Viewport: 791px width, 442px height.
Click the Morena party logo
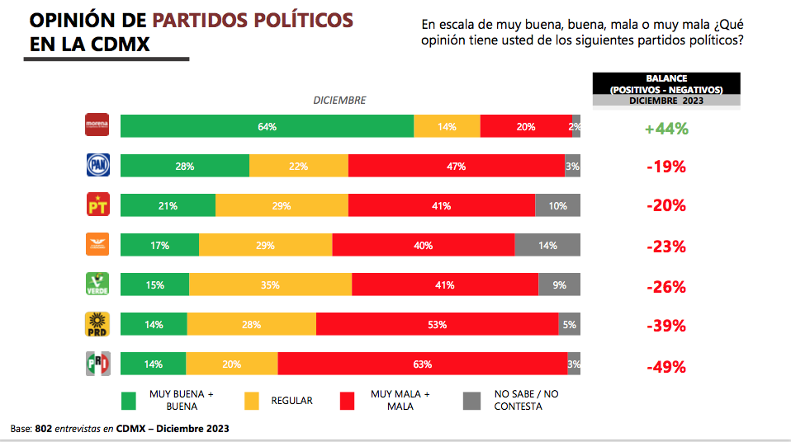(97, 125)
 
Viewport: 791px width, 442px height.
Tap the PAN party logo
(97, 166)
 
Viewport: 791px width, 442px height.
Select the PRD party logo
(97, 324)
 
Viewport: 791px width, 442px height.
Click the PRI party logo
(97, 364)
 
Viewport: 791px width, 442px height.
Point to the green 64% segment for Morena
(267, 126)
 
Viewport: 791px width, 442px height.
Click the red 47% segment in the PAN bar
(456, 166)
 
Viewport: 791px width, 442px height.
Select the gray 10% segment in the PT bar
(557, 205)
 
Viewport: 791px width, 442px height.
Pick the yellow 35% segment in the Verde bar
(270, 284)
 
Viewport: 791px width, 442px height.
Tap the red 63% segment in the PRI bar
(422, 364)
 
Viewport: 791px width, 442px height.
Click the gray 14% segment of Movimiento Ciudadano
(547, 245)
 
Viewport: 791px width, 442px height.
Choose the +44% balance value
(666, 129)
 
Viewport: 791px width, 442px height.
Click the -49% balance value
(666, 366)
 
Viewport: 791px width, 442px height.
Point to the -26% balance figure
(666, 287)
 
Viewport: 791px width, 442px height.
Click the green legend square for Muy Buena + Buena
(129, 400)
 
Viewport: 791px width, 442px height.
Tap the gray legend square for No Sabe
(471, 400)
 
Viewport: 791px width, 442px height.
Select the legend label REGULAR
(291, 401)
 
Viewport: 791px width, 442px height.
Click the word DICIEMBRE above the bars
(339, 101)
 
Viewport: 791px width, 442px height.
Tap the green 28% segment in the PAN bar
(184, 166)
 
